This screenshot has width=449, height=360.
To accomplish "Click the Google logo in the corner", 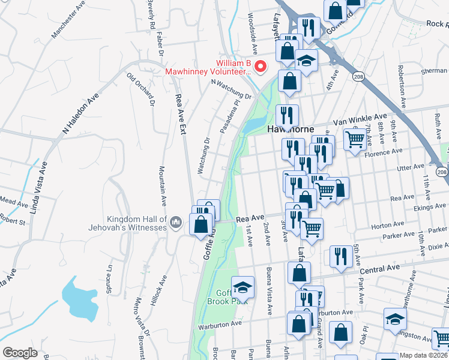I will (x=20, y=353).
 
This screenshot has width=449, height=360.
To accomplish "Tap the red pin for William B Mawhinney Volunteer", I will (x=261, y=66).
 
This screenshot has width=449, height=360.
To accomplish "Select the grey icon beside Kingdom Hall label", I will (x=175, y=223).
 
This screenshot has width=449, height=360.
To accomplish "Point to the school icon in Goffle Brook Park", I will (x=243, y=289).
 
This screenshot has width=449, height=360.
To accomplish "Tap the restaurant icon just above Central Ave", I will (x=341, y=256).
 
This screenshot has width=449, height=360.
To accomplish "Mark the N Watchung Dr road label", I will (x=231, y=90).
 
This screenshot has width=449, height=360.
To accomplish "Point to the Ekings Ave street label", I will (x=429, y=206).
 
